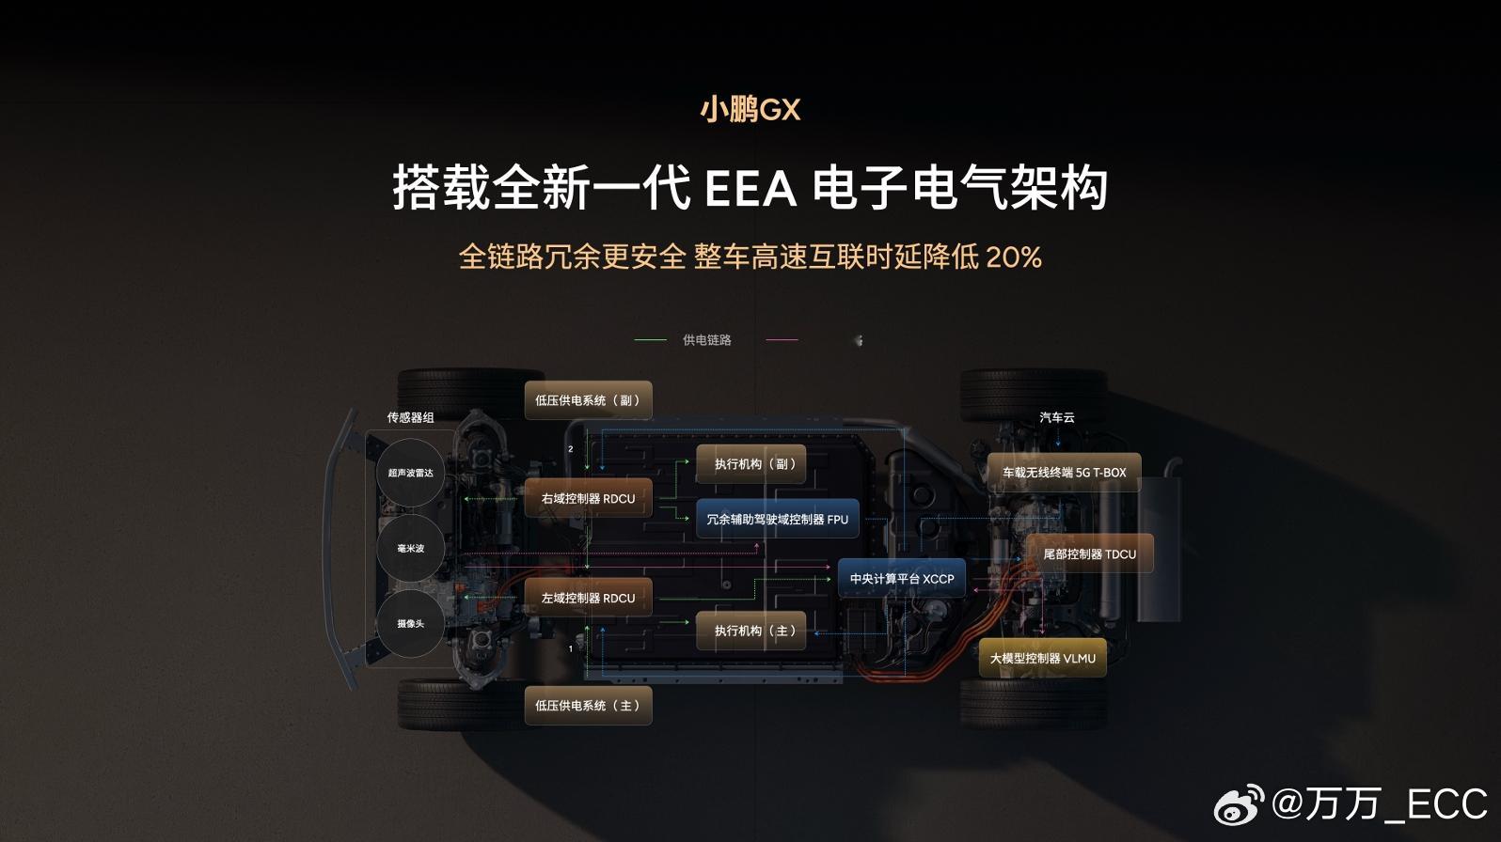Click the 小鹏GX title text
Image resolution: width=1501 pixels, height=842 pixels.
(x=750, y=110)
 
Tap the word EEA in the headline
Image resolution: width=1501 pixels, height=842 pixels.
(x=750, y=189)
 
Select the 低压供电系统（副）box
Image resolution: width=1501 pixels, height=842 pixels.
(x=588, y=400)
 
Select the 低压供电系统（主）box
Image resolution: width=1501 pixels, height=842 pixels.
(x=588, y=706)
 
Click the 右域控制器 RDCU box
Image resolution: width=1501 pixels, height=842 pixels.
(x=588, y=499)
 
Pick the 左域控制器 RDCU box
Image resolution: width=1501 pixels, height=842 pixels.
(x=588, y=599)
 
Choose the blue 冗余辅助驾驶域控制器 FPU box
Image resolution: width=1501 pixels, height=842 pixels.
(x=777, y=520)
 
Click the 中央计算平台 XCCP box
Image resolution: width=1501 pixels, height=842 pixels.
(x=901, y=579)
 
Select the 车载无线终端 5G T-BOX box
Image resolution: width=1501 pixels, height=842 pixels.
(x=1064, y=473)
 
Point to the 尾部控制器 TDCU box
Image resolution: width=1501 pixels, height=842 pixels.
(x=1089, y=554)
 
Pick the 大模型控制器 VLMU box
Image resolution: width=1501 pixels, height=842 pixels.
(x=1042, y=659)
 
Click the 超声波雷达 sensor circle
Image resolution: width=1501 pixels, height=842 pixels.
(x=411, y=474)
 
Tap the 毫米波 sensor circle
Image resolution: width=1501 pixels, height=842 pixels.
(x=411, y=549)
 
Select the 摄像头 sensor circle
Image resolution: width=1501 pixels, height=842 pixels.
(x=411, y=624)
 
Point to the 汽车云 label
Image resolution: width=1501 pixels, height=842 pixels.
(x=1056, y=417)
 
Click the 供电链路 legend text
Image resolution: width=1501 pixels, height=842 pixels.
(x=706, y=340)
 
